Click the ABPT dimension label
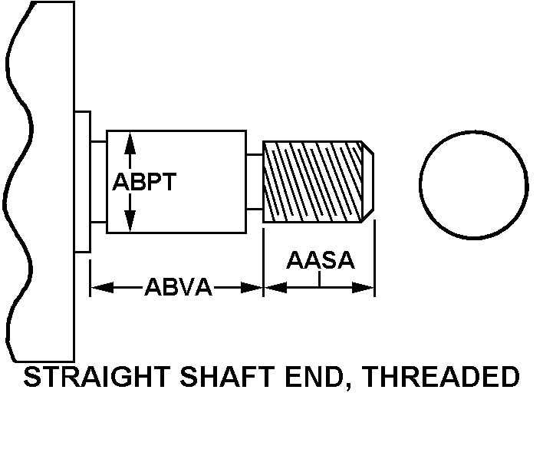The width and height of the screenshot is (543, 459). coord(145,183)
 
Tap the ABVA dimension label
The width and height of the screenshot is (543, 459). coord(177,288)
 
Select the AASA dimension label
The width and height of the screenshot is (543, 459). coord(321,260)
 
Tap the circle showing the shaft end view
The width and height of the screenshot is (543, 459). coord(473,183)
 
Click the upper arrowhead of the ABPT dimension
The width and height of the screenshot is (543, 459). coord(130,140)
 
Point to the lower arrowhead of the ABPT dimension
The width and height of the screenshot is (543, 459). coord(130,224)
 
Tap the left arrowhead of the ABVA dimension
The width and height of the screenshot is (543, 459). coord(99,288)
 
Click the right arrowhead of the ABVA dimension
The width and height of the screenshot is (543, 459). coord(255,288)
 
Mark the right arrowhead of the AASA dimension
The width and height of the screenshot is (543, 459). coord(367,288)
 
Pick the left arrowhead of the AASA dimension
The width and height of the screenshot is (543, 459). coord(271,288)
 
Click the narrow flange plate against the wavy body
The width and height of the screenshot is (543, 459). coord(83,182)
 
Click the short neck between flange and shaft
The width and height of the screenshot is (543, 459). coord(98,182)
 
